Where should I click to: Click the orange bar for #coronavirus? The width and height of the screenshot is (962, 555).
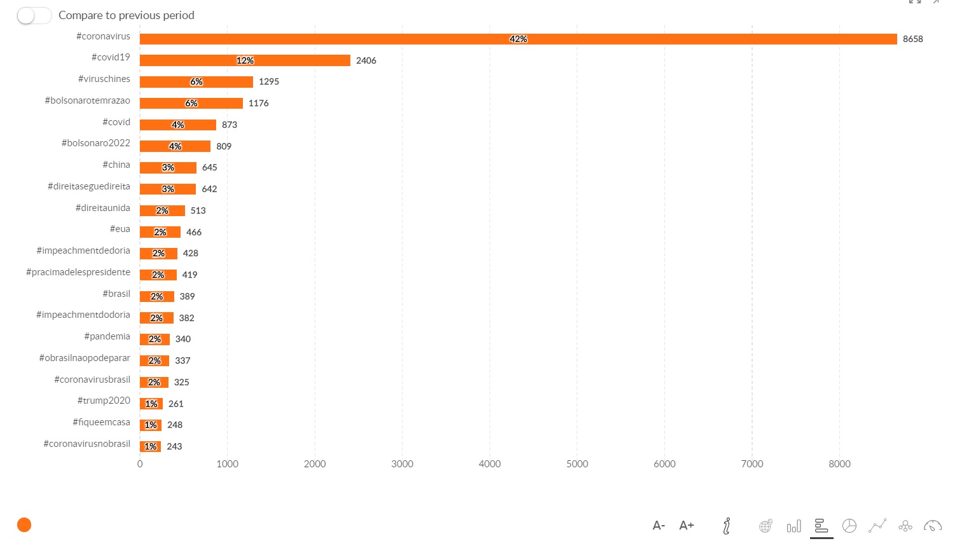pyautogui.click(x=381, y=39)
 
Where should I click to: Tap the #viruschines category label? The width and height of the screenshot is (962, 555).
pyautogui.click(x=104, y=79)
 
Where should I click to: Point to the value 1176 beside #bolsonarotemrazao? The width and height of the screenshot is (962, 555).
pyautogui.click(x=258, y=103)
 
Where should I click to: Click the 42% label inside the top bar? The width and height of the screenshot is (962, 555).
pyautogui.click(x=518, y=39)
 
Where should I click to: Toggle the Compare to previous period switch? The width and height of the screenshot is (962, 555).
pyautogui.click(x=34, y=15)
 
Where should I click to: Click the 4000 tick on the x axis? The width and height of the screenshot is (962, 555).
pyautogui.click(x=490, y=464)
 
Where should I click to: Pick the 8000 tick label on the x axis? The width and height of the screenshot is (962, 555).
pyautogui.click(x=839, y=464)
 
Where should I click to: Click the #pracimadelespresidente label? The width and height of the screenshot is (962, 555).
pyautogui.click(x=78, y=272)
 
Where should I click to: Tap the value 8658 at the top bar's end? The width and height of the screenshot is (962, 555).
pyautogui.click(x=912, y=39)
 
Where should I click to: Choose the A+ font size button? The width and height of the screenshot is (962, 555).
pyautogui.click(x=686, y=526)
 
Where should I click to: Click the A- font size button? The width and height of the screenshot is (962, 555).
pyautogui.click(x=659, y=526)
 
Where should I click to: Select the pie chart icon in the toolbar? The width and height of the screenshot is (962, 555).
pyautogui.click(x=849, y=526)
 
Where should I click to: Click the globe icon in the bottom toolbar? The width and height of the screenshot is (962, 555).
pyautogui.click(x=766, y=526)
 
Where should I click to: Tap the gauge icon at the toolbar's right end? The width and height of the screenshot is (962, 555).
pyautogui.click(x=933, y=526)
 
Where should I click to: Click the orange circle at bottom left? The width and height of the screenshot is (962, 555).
pyautogui.click(x=24, y=524)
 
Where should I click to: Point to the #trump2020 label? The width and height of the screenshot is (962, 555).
pyautogui.click(x=104, y=401)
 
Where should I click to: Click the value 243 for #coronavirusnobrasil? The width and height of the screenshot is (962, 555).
pyautogui.click(x=174, y=447)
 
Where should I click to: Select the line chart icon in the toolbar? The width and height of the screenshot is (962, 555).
pyautogui.click(x=877, y=526)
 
